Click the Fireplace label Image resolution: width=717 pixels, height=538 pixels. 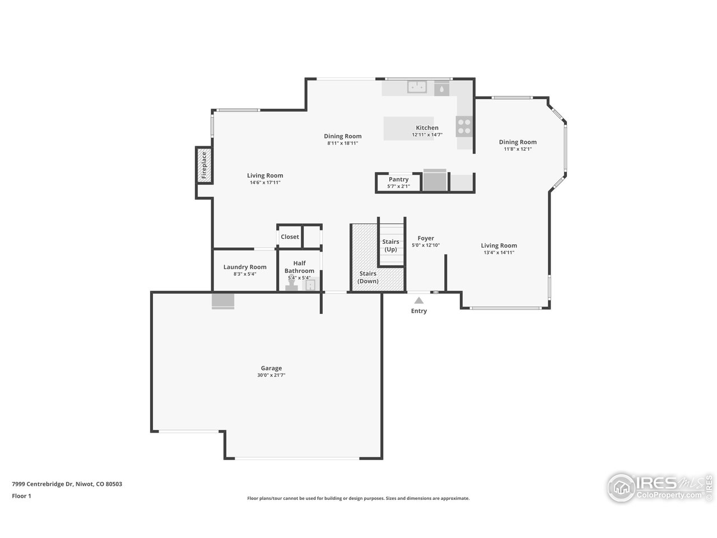point(204,165)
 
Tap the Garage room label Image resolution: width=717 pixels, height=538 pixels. point(271,368)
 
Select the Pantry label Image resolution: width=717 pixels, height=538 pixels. point(398,179)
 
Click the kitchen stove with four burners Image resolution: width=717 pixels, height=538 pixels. point(464,126)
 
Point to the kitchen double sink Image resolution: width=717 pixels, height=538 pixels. point(417,87)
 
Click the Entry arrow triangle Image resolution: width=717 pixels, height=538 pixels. point(419,301)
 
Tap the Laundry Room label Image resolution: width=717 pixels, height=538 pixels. point(245,267)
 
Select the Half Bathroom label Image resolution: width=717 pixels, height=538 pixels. point(299,267)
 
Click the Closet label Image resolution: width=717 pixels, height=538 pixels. point(290,236)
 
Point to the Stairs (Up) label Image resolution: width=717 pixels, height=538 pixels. point(390,245)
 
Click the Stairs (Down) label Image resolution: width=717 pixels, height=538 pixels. point(368,277)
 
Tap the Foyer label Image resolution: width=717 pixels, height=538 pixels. point(426,238)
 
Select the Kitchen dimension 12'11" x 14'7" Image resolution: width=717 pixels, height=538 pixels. point(427,134)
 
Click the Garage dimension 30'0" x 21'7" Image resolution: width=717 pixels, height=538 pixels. point(271,375)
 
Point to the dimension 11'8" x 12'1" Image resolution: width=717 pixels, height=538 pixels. point(518,149)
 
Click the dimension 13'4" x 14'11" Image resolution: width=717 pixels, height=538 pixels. point(499,253)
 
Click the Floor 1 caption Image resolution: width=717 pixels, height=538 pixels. point(21,495)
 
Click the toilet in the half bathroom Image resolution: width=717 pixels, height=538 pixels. point(291,286)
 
